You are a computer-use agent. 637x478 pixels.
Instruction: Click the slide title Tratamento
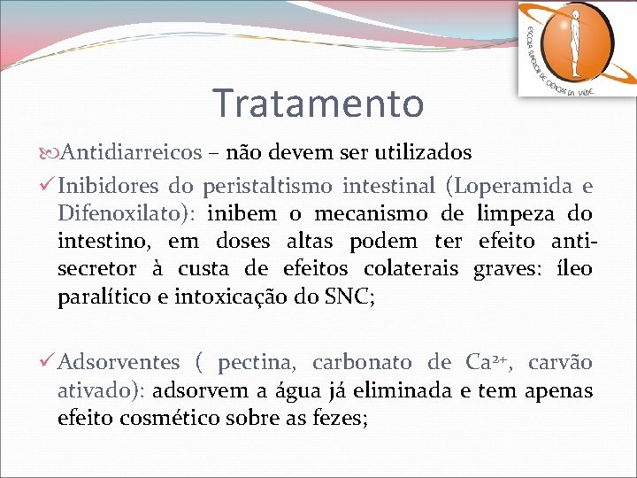[318, 103]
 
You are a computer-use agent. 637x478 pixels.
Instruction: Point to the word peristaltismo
[268, 186]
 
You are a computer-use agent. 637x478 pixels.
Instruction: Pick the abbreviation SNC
[348, 297]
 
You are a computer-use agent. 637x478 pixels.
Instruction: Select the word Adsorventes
[119, 362]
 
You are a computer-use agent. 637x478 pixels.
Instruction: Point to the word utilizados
[422, 152]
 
